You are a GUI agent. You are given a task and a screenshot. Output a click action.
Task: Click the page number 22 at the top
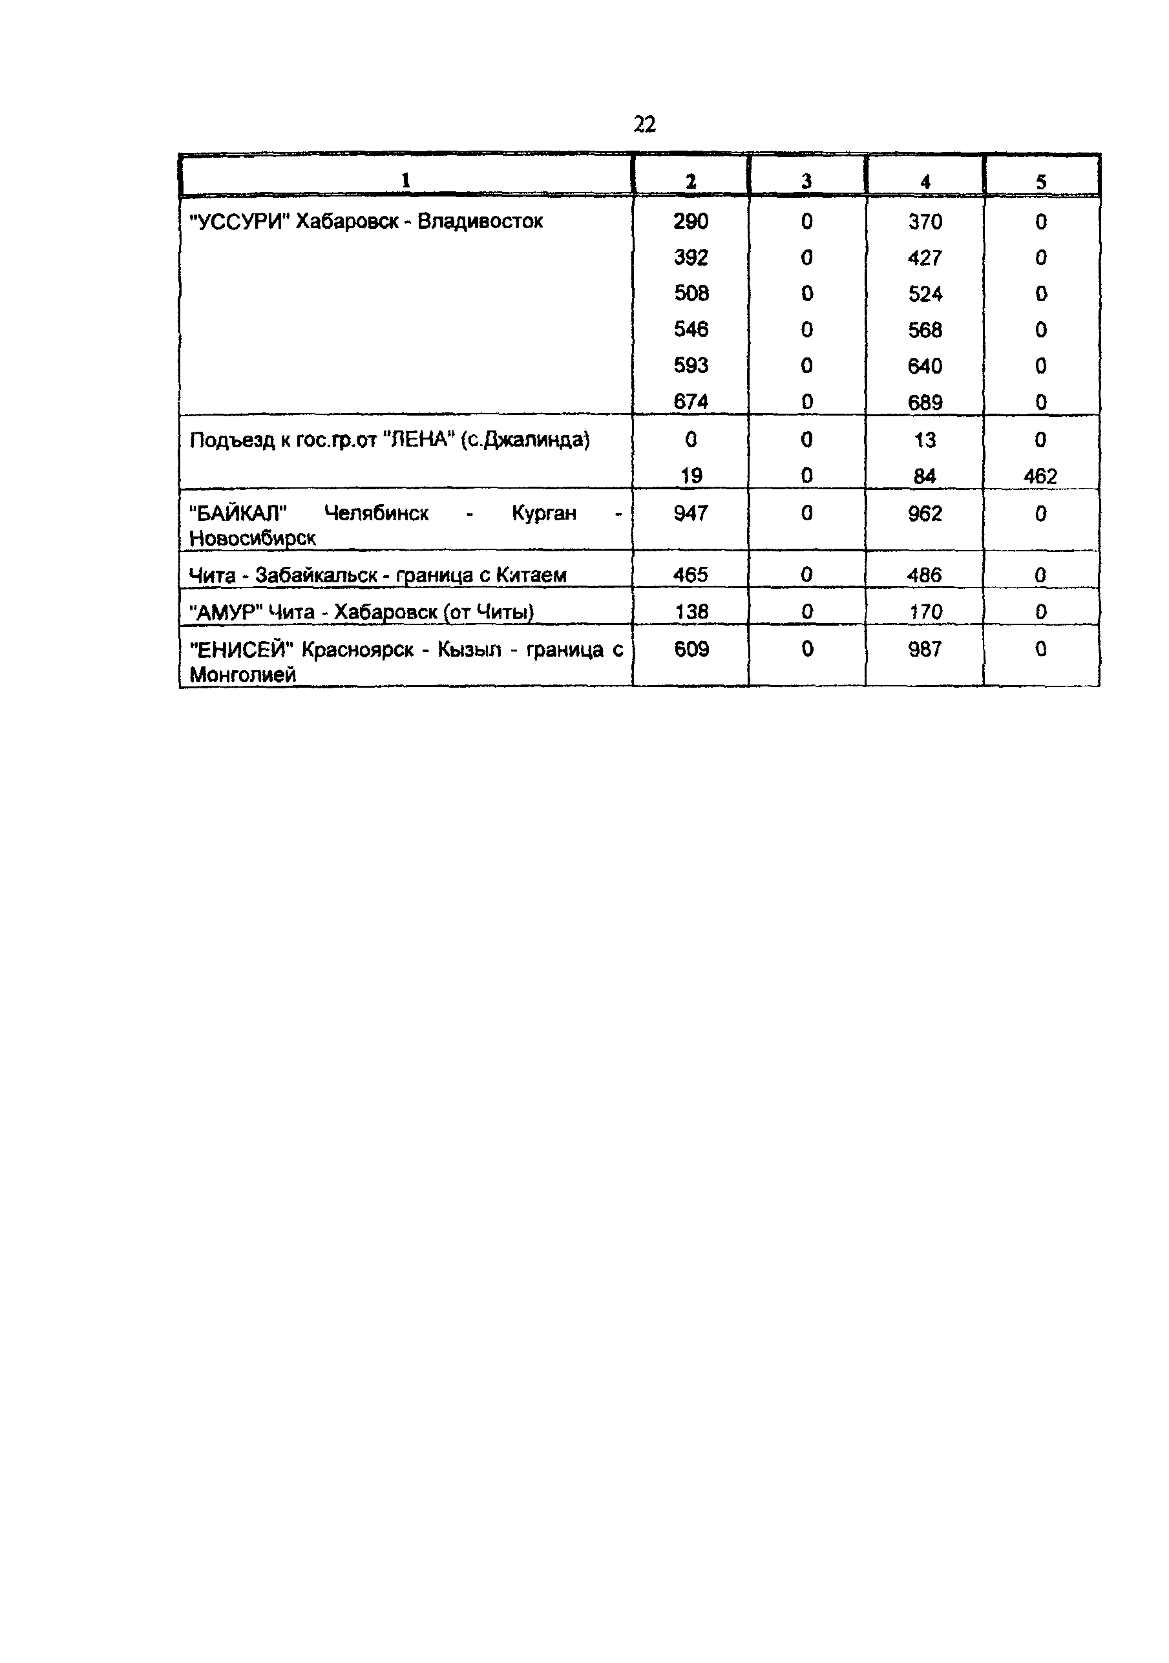coord(644,125)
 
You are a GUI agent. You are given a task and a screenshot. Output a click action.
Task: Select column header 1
coord(406,180)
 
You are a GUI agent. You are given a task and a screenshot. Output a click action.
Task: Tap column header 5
coord(1041,182)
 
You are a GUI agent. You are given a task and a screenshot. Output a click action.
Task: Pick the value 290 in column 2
coord(690,221)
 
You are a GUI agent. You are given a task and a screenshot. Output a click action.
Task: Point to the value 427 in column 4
coord(925,258)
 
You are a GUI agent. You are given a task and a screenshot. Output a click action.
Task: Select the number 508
coord(691,293)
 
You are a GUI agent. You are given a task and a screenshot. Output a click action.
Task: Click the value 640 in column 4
coord(925,366)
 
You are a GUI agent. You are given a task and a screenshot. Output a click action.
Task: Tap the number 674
coord(690,401)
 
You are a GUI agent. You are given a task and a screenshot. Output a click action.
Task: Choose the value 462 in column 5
coord(1040,476)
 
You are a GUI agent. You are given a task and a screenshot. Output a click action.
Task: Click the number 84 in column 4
coord(925,476)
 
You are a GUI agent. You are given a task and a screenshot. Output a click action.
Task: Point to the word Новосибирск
coord(252,538)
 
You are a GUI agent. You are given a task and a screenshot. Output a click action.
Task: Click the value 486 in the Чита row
coord(925,575)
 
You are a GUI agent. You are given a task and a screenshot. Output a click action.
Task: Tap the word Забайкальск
coord(316,575)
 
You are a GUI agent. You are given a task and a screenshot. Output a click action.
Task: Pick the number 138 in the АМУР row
coord(691,612)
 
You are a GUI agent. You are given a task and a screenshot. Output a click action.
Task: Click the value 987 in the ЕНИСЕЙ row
coord(925,649)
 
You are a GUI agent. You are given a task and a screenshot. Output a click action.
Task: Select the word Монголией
coord(242,674)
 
